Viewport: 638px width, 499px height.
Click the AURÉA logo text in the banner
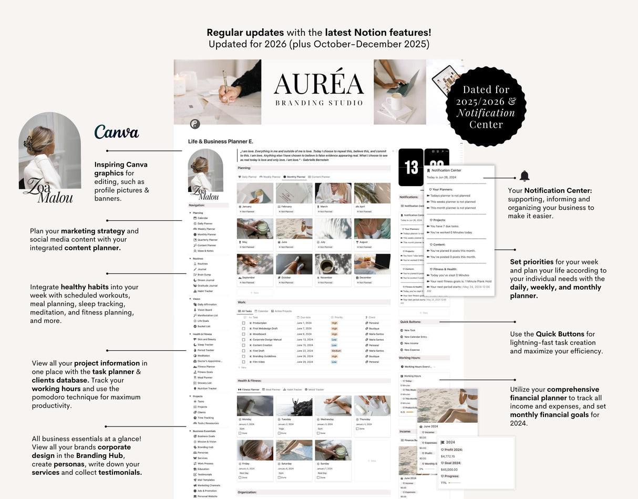point(318,84)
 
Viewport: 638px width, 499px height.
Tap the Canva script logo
point(117,133)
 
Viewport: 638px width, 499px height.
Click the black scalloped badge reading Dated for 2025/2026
point(486,107)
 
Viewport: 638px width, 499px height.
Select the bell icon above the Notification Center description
point(524,176)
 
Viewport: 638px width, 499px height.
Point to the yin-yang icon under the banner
point(195,124)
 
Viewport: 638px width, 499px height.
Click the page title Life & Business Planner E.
point(221,141)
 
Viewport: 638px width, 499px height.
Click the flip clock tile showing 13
point(411,167)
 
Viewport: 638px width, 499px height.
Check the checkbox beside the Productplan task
point(243,323)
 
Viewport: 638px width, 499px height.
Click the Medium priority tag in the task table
point(336,351)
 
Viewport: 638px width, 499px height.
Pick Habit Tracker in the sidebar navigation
point(205,291)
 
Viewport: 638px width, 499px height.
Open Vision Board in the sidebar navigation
point(204,310)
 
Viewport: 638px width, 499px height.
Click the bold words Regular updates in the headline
point(245,33)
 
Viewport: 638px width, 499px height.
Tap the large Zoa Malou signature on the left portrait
point(50,191)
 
